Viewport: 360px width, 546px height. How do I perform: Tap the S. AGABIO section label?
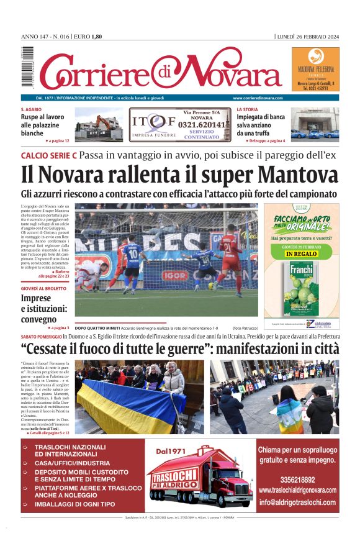pos(31,109)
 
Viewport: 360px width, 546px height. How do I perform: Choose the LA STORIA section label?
pos(247,109)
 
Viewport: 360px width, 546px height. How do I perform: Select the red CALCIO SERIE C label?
pos(48,155)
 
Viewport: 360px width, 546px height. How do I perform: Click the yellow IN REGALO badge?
pos(301,254)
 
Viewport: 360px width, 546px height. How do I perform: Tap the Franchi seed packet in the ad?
pos(302,288)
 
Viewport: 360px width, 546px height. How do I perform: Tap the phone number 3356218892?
pos(297,480)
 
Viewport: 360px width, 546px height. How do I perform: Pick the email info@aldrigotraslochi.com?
pos(297,503)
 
